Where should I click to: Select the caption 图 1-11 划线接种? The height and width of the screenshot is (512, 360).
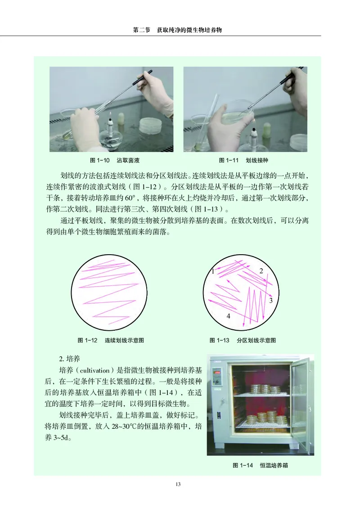(243, 160)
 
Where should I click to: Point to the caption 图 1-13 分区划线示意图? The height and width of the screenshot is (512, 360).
(243, 340)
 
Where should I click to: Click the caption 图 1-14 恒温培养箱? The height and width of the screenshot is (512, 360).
(260, 466)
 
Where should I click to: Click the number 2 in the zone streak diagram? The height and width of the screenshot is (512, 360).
(261, 270)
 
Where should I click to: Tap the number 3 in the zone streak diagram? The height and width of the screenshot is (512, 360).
(270, 300)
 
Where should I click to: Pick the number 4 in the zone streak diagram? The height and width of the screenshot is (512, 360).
(228, 316)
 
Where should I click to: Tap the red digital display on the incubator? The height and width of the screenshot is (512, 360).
(217, 372)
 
